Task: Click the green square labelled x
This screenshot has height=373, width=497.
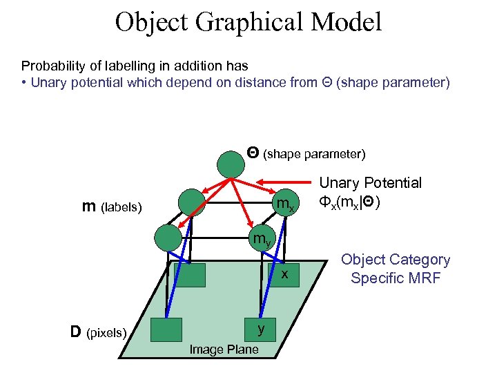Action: pyautogui.click(x=282, y=275)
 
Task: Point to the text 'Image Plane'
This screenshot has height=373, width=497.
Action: pyautogui.click(x=224, y=350)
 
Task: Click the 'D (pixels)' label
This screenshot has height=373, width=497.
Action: pyautogui.click(x=99, y=333)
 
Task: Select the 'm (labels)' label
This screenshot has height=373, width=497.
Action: pyautogui.click(x=112, y=207)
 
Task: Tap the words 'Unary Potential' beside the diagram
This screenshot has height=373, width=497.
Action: pyautogui.click(x=370, y=183)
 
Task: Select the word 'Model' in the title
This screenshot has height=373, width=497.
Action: pyautogui.click(x=346, y=22)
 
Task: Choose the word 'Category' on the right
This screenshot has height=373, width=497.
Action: pyautogui.click(x=420, y=260)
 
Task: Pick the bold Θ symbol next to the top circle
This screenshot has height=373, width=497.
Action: pyautogui.click(x=253, y=152)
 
